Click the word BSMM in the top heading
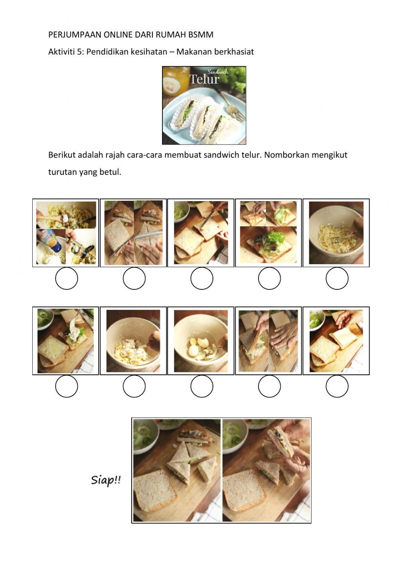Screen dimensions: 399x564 pyautogui.click(x=201, y=34)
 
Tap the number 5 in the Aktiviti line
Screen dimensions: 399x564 pyautogui.click(x=80, y=52)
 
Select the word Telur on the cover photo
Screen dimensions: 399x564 pyautogui.click(x=204, y=79)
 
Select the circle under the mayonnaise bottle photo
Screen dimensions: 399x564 pyautogui.click(x=67, y=278)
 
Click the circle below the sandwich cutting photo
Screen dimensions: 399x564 pyautogui.click(x=134, y=278)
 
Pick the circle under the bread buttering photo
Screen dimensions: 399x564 pyautogui.click(x=201, y=278)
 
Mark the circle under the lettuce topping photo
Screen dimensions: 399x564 pyautogui.click(x=269, y=278)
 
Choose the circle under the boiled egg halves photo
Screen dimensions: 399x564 pyautogui.click(x=201, y=386)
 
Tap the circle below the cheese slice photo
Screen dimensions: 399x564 pyautogui.click(x=337, y=386)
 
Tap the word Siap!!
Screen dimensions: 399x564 pyautogui.click(x=106, y=480)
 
